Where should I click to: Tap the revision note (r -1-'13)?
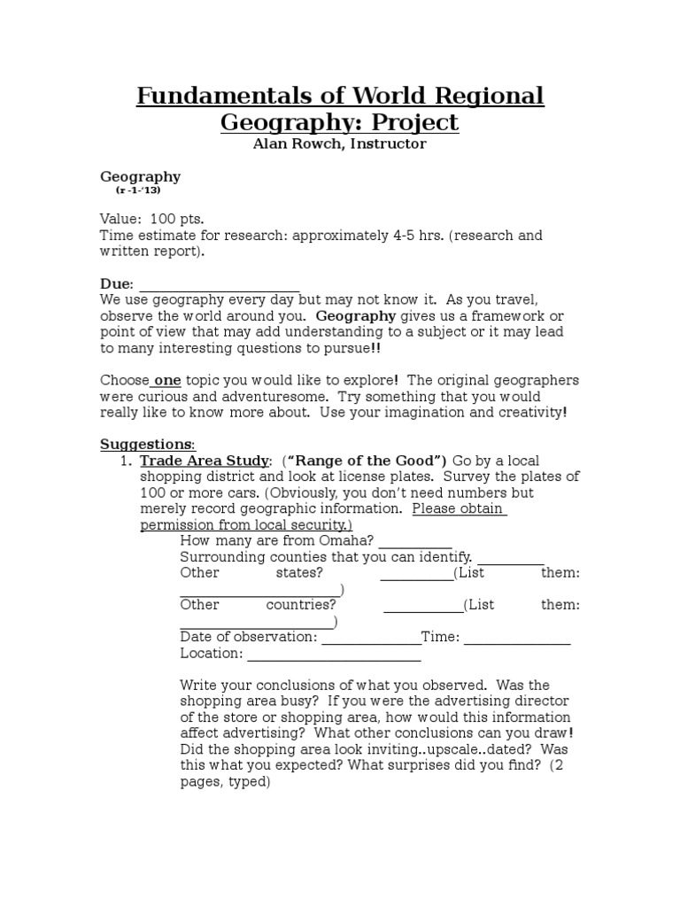[138, 190]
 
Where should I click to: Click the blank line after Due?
[219, 283]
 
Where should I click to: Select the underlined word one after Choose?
[167, 380]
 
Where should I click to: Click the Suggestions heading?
[146, 444]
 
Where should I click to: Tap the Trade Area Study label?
[205, 461]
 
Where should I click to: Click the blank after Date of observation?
[370, 637]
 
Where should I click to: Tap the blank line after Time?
[517, 637]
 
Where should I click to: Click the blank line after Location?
[334, 654]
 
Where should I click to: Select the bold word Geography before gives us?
[356, 316]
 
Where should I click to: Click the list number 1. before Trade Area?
[125, 461]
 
